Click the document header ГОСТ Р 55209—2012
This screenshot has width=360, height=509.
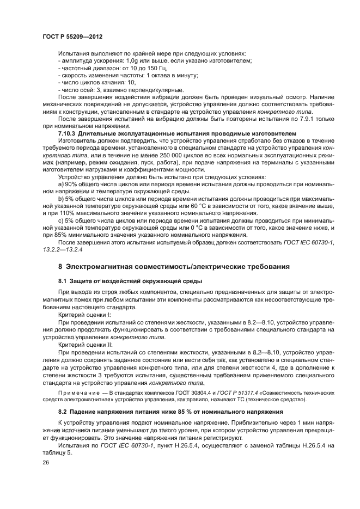pos(72,36)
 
